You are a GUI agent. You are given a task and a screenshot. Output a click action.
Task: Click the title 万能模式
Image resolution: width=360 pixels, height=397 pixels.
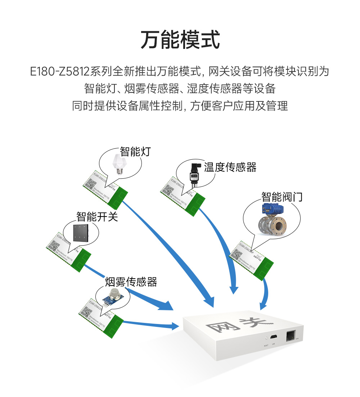pos(180,40)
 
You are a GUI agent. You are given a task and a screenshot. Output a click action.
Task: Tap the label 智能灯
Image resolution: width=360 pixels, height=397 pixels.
pos(135,151)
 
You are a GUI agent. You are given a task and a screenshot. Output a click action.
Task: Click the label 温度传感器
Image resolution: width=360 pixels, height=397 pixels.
pos(230,167)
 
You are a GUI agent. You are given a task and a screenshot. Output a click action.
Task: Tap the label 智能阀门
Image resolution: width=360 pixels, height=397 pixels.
pos(282,197)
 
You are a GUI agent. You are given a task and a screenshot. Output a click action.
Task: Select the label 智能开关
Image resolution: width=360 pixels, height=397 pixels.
pos(97,217)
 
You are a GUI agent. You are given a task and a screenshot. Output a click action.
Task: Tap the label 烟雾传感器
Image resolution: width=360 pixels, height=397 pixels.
pos(131,282)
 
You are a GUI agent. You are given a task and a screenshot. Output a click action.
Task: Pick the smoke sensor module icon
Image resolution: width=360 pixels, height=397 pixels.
pos(113,297)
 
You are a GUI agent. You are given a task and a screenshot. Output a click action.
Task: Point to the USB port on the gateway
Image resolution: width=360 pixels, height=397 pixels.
pos(274,337)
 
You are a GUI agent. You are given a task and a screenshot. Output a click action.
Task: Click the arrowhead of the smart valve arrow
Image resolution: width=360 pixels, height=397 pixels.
pos(263,306)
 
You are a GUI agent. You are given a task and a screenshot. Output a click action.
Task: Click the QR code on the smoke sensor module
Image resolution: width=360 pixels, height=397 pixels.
pos(85,312)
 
